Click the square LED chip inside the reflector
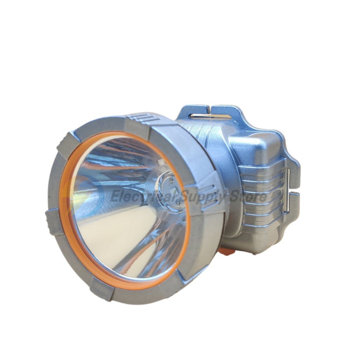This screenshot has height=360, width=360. tap(173, 191)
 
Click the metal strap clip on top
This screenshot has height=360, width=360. tap(211, 116)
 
